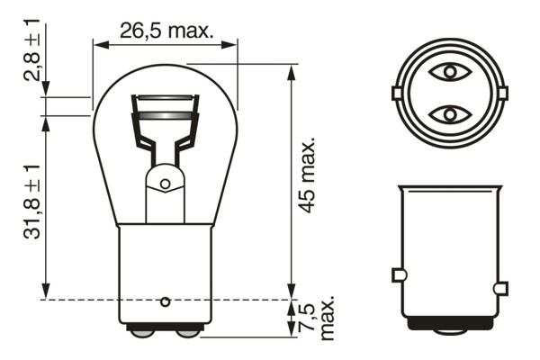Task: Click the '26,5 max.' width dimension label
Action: point(166,30)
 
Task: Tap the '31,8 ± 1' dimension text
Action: point(32,203)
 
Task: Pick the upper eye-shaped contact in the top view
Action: point(448,70)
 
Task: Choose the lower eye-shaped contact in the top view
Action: point(448,114)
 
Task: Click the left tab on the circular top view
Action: point(397,92)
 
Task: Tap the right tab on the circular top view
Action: point(501,92)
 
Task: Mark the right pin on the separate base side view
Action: point(500,288)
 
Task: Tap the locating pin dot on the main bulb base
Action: point(165,300)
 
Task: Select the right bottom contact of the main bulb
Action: point(188,333)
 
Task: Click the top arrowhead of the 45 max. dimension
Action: point(291,69)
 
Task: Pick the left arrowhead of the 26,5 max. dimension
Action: point(99,41)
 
